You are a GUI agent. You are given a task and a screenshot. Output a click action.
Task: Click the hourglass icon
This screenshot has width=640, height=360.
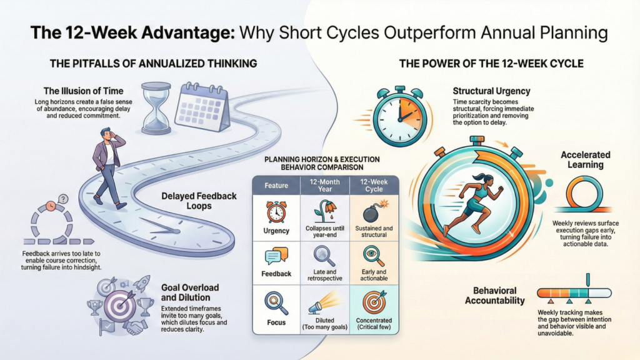[156, 108]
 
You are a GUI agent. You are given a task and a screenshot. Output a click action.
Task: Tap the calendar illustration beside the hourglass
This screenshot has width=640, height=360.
[202, 106]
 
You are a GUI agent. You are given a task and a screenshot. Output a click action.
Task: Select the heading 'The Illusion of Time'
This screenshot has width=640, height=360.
[83, 91]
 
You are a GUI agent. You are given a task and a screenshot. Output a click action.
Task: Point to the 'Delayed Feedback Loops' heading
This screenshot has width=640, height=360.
[199, 201]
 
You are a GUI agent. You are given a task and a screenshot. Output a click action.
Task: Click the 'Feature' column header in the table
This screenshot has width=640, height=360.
[276, 186]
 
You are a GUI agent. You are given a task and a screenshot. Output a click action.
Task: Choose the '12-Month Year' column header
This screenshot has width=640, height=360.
[325, 185]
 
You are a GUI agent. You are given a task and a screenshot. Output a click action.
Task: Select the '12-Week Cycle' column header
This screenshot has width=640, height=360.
[374, 185]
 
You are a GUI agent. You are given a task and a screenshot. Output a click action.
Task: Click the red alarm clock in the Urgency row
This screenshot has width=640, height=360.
[276, 212]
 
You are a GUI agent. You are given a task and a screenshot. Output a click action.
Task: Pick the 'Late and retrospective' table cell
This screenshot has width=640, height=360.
[325, 275]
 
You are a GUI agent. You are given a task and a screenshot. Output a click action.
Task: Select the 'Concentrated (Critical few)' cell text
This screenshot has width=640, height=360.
[374, 324]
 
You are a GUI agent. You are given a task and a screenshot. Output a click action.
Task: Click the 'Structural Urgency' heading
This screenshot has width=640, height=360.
[491, 91]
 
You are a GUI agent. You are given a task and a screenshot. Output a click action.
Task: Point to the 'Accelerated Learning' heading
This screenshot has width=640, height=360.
[585, 159]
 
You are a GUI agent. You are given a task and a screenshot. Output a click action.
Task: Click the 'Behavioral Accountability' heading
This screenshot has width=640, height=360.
[495, 296]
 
